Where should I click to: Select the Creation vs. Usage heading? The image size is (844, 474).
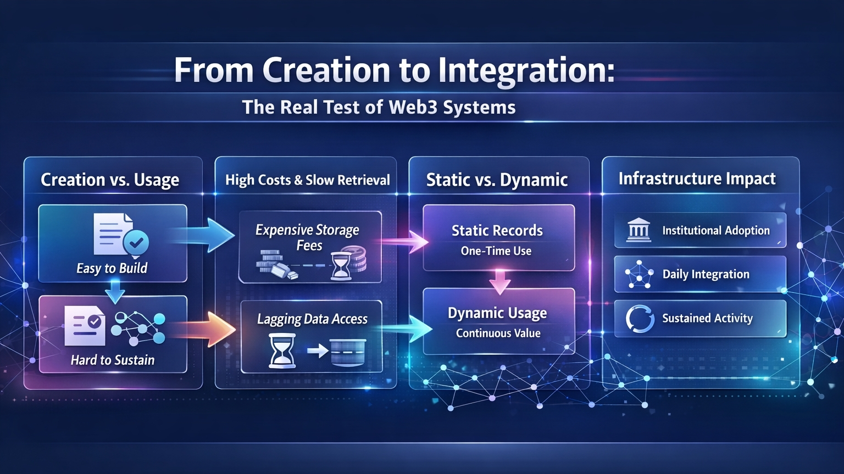110,180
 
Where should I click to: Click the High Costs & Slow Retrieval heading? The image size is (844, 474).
308,180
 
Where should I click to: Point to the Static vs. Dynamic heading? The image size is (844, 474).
497,180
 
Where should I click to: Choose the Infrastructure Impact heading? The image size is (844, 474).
697,179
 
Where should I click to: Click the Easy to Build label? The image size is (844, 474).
112,269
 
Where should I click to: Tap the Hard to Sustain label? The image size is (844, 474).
113,360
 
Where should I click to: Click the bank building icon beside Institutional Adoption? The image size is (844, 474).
638,229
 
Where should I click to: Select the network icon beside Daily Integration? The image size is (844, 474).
639,274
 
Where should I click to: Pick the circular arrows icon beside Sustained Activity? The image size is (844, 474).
640,319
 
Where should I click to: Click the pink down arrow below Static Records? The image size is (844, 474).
499,282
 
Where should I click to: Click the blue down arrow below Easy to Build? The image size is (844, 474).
115,292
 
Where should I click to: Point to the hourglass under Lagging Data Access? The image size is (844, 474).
282,350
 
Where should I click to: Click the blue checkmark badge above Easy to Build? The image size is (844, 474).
136,243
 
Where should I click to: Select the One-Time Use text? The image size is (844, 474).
496,251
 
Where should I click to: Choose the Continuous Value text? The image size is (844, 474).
498,333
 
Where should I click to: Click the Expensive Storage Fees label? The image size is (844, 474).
308,238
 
